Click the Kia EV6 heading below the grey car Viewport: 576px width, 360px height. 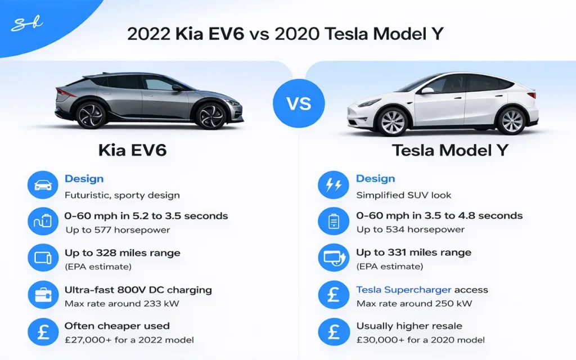click(133, 150)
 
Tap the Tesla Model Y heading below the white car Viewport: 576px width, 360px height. click(450, 150)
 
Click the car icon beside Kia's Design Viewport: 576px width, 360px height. click(43, 186)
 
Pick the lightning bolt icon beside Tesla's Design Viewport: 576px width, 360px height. click(333, 186)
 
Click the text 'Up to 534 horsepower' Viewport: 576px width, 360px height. click(410, 229)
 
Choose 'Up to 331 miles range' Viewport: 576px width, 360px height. click(413, 253)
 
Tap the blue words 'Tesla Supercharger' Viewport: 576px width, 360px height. click(403, 290)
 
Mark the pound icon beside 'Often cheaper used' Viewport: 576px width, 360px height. click(43, 332)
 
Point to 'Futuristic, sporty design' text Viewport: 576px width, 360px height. click(122, 195)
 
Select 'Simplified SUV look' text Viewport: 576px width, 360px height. click(404, 195)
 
